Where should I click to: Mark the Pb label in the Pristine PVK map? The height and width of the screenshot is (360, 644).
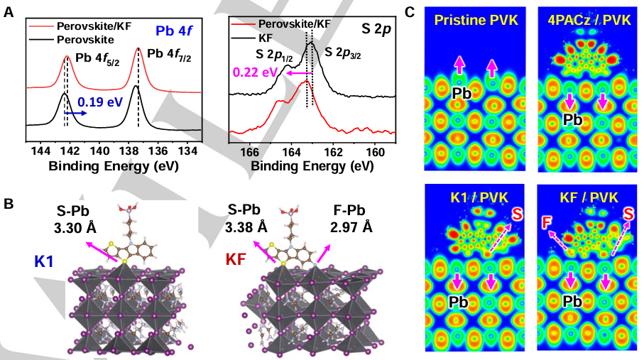[461, 92]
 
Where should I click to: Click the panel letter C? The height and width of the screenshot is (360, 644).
[409, 11]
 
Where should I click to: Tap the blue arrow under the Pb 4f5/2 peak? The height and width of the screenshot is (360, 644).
[75, 112]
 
